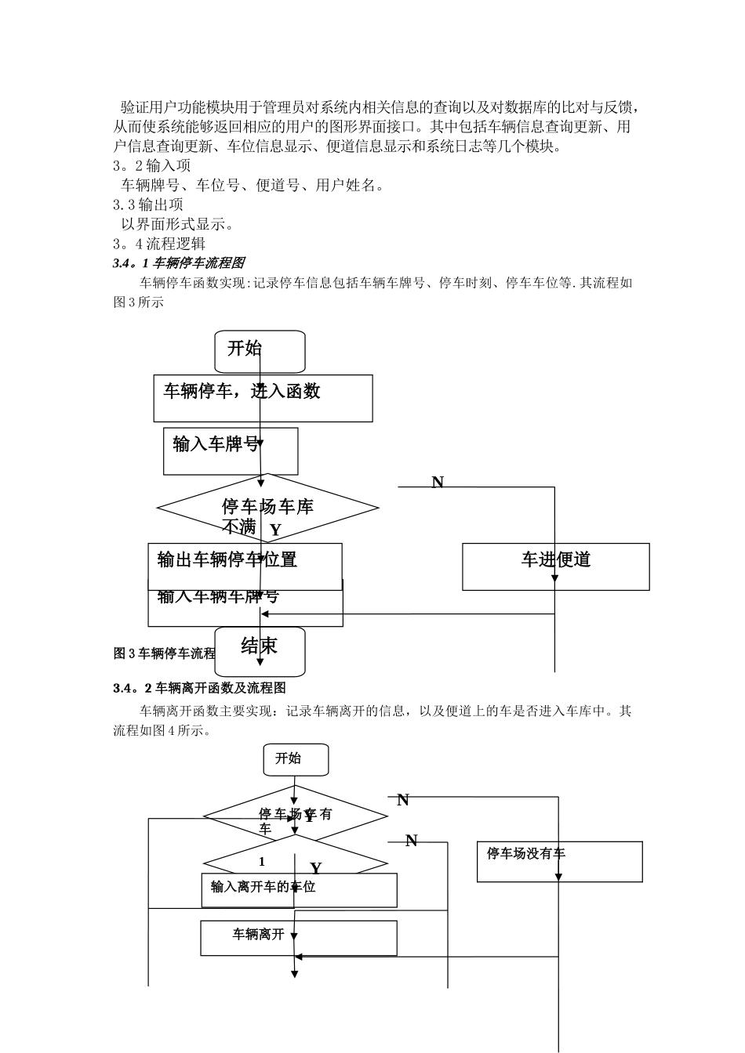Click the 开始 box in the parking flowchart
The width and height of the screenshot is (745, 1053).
coord(260,351)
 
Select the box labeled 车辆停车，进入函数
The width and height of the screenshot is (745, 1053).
coord(263,398)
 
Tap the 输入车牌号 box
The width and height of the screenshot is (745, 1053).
coord(231,451)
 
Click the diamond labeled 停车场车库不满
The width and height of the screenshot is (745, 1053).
coord(267,508)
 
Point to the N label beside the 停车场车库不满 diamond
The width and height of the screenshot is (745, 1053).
coord(438,482)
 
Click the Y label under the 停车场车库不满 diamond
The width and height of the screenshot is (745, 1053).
coord(275,530)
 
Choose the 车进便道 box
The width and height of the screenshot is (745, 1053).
coord(555,566)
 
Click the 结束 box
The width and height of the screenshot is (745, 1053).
coord(260,650)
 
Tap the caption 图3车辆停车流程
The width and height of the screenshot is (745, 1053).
coord(164,653)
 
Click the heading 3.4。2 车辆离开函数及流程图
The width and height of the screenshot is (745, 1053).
coord(199,688)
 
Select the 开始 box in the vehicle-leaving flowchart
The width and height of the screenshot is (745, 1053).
coord(295,759)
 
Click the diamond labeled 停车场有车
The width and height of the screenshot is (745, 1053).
coord(295,816)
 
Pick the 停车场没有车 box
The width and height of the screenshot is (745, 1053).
coord(559,861)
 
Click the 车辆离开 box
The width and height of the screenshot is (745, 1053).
coord(298,938)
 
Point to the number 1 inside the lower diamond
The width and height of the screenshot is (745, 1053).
coord(262,861)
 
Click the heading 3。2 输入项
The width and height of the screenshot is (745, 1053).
coord(152,165)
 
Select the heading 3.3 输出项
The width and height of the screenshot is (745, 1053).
coord(148,204)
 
